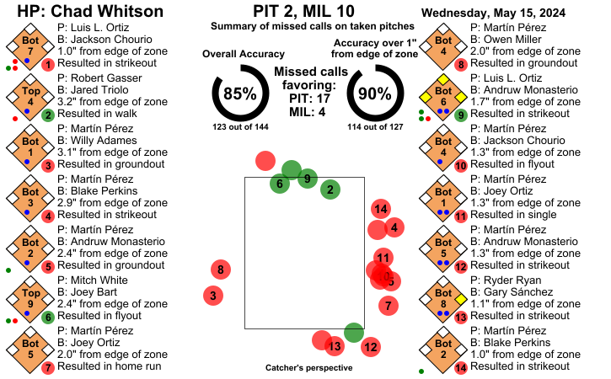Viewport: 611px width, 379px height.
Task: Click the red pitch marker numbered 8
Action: click(221, 270)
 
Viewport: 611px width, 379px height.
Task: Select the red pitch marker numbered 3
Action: click(214, 296)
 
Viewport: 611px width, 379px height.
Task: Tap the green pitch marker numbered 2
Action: click(330, 189)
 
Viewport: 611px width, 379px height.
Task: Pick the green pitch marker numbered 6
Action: click(280, 184)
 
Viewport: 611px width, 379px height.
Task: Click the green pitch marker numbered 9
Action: click(308, 179)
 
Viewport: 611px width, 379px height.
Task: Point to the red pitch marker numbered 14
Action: click(380, 209)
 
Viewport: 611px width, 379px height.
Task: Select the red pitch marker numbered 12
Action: click(370, 346)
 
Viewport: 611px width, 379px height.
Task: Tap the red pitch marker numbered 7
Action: click(388, 306)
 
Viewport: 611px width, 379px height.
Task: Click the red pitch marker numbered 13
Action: click(335, 346)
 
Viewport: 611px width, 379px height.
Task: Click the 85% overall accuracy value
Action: click(239, 94)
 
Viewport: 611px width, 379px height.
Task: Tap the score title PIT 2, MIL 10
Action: click(305, 11)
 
